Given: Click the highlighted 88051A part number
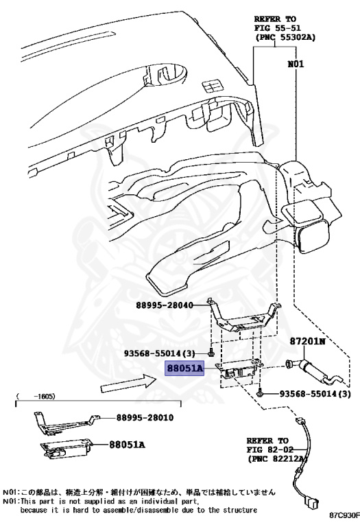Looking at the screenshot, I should click(184, 369).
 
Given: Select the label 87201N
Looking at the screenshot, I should click(309, 340).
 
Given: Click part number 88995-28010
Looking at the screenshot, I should click(145, 418).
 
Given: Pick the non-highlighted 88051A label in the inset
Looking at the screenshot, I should click(127, 445).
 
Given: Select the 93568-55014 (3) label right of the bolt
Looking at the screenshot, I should click(315, 395).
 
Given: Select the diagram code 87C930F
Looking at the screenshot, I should click(344, 515).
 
